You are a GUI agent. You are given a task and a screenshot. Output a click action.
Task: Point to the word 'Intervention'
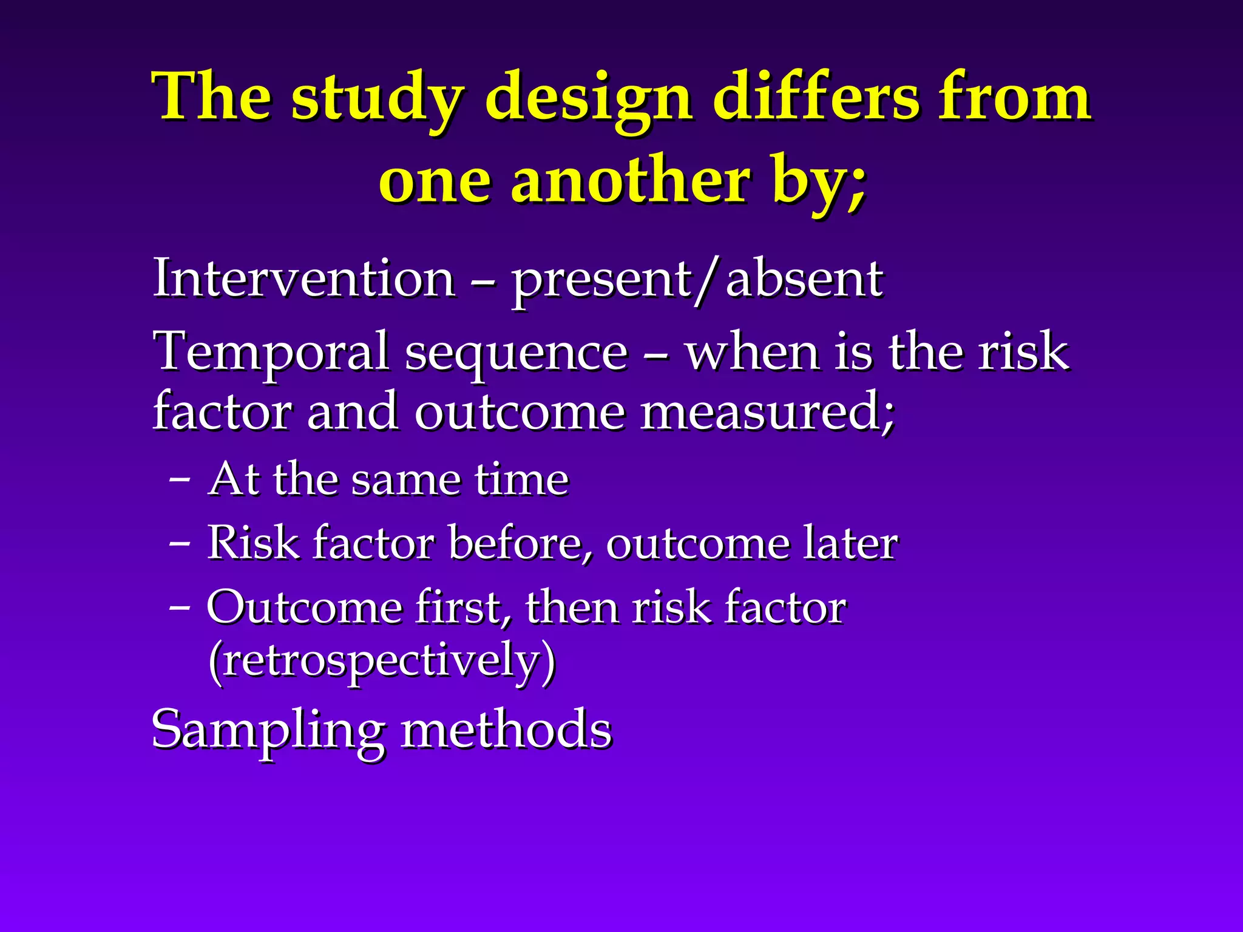pos(303,279)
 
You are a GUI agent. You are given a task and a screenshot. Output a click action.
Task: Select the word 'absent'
pos(804,279)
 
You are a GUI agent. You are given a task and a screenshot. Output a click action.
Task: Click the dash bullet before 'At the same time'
pos(179,479)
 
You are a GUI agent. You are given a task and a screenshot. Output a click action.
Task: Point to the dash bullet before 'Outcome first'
pos(179,607)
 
